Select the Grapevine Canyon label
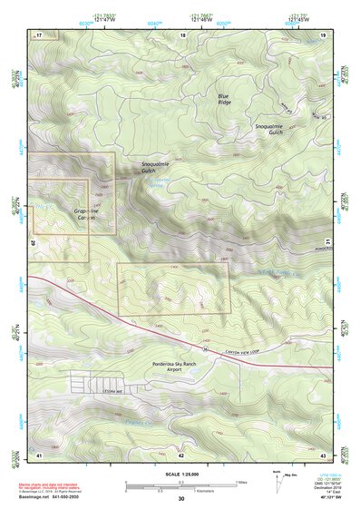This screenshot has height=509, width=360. click(x=85, y=214)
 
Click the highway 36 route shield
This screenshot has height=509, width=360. click(x=205, y=348)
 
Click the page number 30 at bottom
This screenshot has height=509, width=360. click(x=181, y=500)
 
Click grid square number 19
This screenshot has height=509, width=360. click(x=324, y=34)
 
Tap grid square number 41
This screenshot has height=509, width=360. click(x=40, y=454)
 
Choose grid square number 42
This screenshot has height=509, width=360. click(x=182, y=454)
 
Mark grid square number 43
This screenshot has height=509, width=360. click(x=324, y=454)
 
